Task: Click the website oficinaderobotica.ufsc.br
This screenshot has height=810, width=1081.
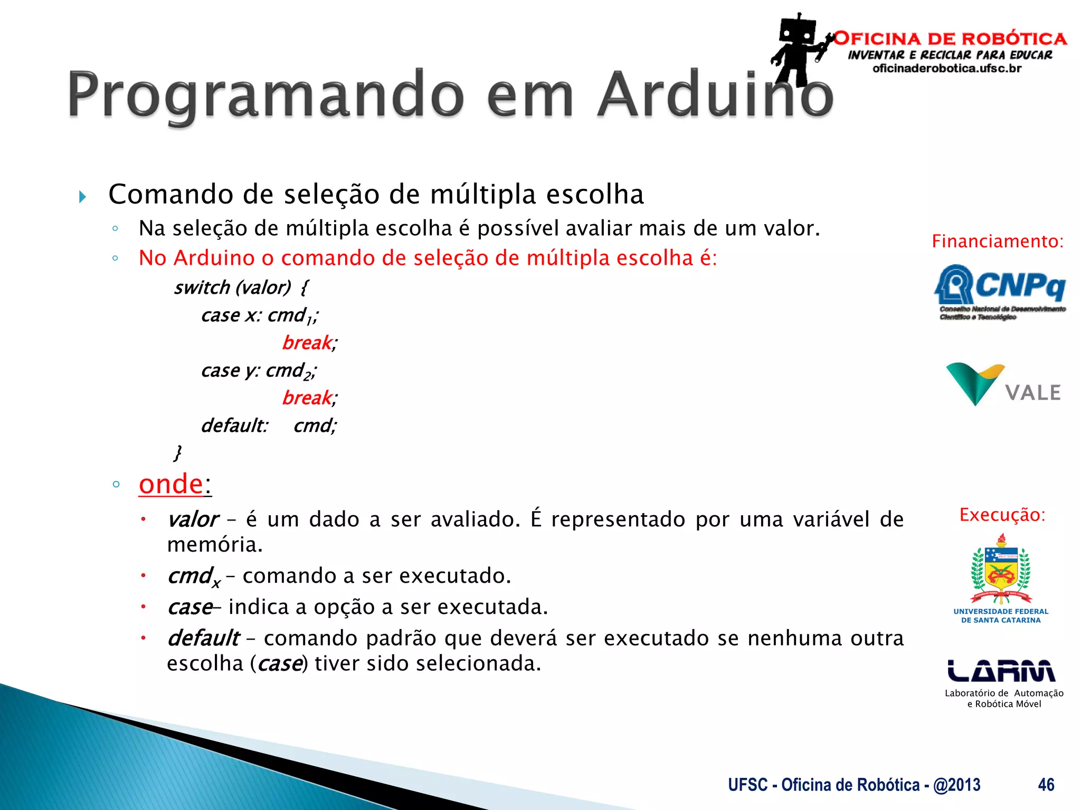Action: click(947, 69)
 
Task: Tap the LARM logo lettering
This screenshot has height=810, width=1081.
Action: click(1001, 671)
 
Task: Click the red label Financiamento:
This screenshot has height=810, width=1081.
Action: click(997, 242)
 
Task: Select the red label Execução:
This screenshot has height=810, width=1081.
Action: click(1002, 515)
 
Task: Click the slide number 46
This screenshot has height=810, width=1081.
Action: click(1046, 785)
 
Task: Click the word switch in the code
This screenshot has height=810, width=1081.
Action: click(202, 288)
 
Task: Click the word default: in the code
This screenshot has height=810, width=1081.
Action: click(234, 426)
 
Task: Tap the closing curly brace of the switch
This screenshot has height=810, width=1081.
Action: click(178, 452)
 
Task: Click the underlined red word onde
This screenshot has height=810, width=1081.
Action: click(170, 484)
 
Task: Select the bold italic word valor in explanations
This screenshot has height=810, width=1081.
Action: click(193, 520)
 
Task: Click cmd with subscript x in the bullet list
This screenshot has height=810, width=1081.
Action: click(193, 576)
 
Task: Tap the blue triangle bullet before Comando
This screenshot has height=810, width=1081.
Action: click(82, 197)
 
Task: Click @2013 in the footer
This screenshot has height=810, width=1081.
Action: click(956, 785)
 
